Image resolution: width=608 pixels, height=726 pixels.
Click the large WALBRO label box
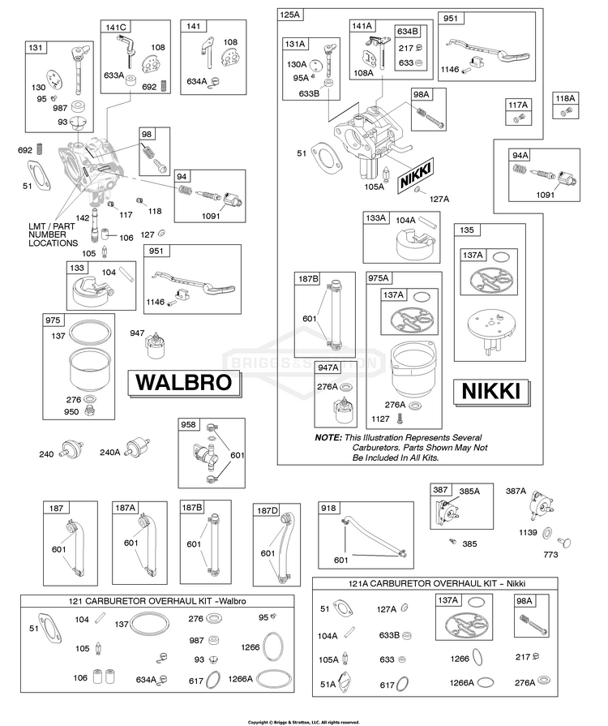185,383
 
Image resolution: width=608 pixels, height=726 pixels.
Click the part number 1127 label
380,419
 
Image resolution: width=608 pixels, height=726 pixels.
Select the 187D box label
268,510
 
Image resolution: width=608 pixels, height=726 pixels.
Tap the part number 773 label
550,554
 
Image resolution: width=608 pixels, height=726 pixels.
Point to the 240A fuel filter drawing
139,446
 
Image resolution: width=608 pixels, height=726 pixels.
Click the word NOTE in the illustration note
328,437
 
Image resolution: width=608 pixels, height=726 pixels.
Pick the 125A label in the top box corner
290,15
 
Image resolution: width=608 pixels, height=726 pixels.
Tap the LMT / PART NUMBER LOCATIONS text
53,234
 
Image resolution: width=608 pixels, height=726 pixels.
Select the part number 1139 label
528,532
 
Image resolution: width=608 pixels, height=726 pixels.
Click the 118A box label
565,98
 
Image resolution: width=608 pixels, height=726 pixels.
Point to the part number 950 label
71,411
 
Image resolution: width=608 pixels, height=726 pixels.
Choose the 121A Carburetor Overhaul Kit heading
436,583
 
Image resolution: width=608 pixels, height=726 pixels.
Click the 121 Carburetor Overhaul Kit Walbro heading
157,601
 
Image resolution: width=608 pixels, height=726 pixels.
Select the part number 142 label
83,217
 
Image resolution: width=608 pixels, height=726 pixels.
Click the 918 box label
328,509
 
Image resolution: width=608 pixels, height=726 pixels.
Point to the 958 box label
188,424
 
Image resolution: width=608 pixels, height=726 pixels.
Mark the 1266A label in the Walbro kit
240,679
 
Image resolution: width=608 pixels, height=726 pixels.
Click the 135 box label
467,230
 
